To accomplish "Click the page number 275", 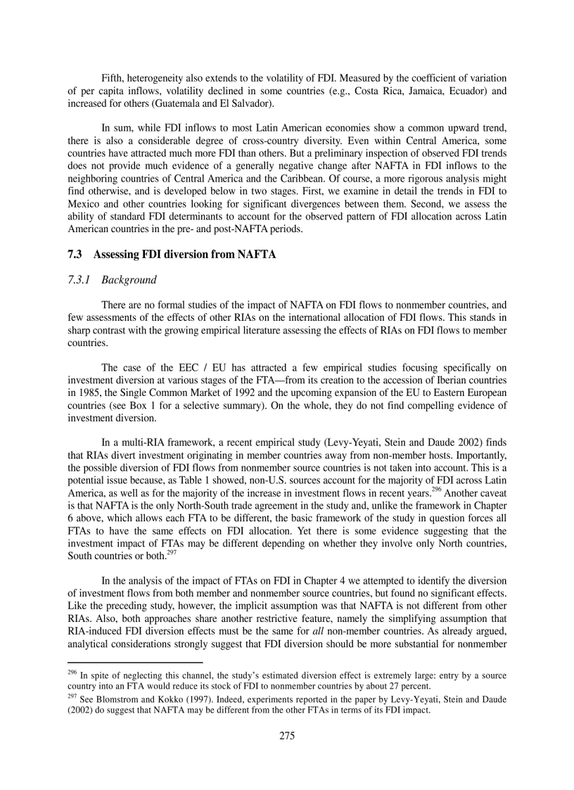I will pos(286,736).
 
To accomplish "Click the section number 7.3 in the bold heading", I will pos(75,254).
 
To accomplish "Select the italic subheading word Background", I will pos(129,280).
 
